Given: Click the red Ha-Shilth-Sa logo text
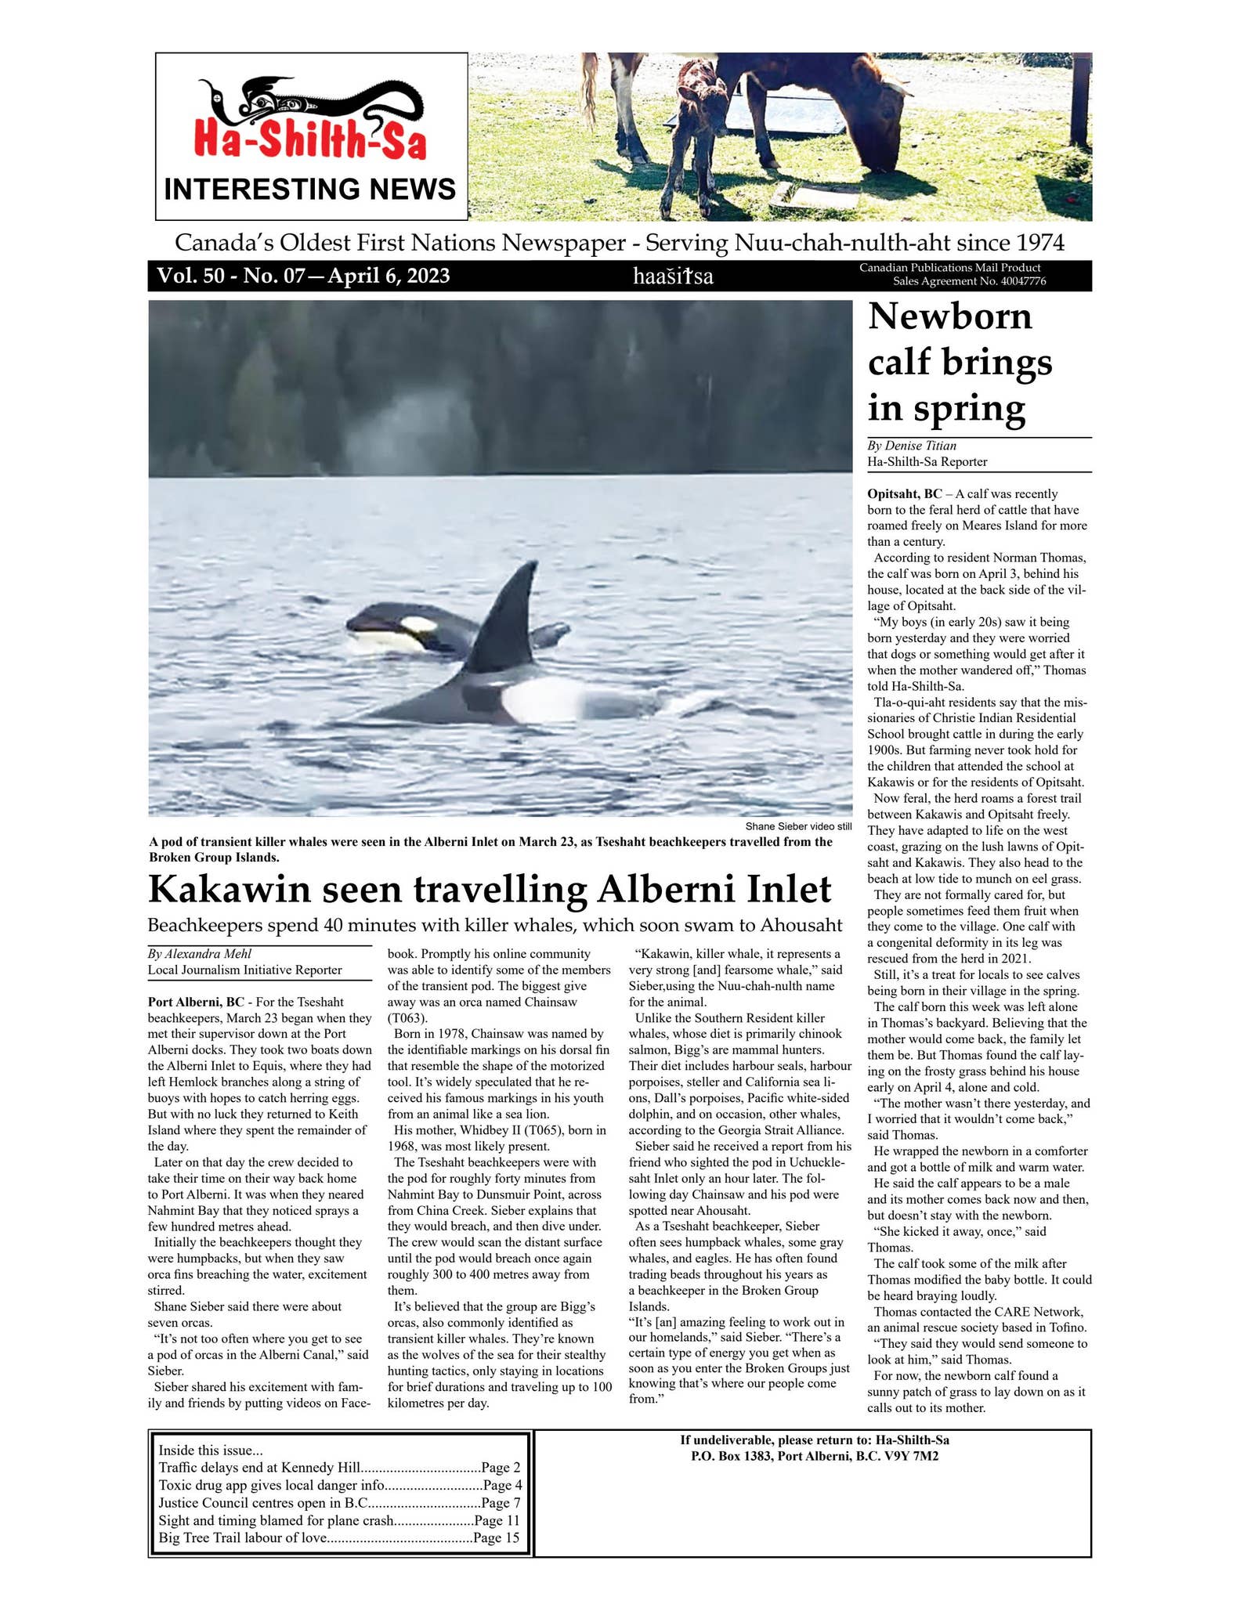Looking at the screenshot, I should pos(310,141).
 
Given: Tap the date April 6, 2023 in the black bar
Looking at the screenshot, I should pos(389,276).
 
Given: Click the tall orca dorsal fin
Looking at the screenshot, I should pos(509,619).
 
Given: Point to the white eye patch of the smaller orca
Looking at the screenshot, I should pos(418,625).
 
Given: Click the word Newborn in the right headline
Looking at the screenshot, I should pos(949,316).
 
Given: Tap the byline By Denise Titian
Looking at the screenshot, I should pos(911,446).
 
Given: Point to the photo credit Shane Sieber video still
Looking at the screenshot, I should pos(797,826).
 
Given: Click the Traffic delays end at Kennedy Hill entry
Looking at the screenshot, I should pos(259,1467).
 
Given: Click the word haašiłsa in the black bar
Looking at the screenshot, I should pos(673,276).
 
